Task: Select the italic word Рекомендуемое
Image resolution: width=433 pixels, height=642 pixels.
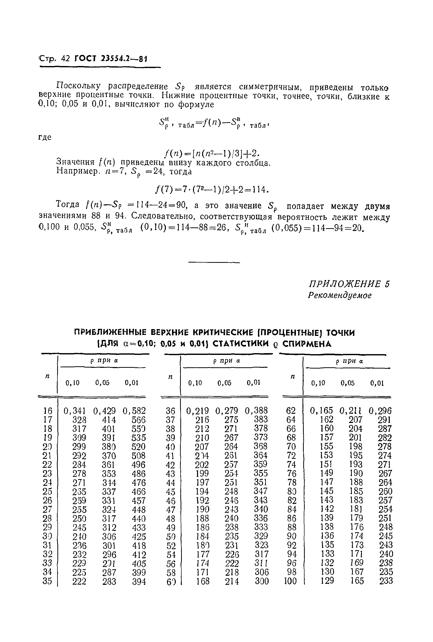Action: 340,295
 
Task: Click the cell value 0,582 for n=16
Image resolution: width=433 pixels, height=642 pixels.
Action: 134,411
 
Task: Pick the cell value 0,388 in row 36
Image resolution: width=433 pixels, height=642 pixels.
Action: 256,411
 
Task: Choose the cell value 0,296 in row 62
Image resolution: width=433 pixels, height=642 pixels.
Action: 380,411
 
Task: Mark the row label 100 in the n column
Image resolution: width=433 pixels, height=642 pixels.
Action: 290,581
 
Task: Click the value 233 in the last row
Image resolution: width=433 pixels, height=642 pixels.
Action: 386,581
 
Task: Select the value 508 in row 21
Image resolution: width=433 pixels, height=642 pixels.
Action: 138,456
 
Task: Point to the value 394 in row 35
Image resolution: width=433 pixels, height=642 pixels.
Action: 139,582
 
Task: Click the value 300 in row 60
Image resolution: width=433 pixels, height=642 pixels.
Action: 262,581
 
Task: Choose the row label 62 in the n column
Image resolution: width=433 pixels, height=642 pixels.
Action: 291,411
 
